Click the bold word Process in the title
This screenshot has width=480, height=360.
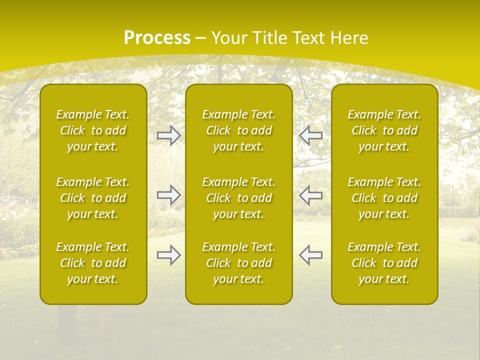coord(157,38)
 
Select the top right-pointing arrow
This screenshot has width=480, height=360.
coord(169,135)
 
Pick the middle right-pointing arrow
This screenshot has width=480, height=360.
coord(169,195)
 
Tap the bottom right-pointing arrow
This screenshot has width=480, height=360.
coord(169,255)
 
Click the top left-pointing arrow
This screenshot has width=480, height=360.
coord(310,135)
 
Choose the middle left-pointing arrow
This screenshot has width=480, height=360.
coord(310,195)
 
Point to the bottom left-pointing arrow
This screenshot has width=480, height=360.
coord(310,255)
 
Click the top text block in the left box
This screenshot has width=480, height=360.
coord(93,130)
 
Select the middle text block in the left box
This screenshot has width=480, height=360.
coord(93,198)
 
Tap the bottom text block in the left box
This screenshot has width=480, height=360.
coord(93,263)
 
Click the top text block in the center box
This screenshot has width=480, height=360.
coord(239,130)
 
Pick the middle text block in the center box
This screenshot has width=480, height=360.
coord(239,198)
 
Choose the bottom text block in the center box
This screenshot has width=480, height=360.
coord(239,263)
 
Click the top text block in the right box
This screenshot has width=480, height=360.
coord(384,130)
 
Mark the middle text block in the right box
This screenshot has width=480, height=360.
coord(384,198)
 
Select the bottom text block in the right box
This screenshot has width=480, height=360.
coord(384,263)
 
